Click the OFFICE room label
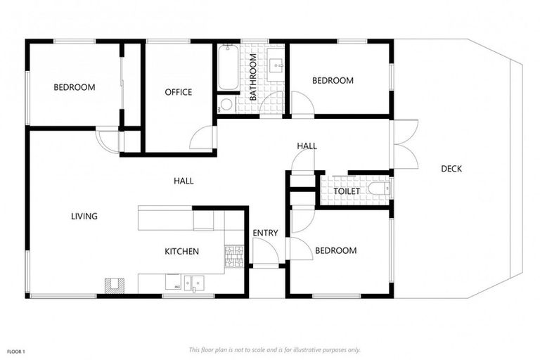pyautogui.click(x=179, y=92)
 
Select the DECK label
pyautogui.click(x=451, y=168)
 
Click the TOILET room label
pyautogui.click(x=347, y=191)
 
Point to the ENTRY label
pyautogui.click(x=266, y=233)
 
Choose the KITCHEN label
pyautogui.click(x=182, y=252)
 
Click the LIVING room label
pyautogui.click(x=84, y=217)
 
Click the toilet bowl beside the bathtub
pyautogui.click(x=226, y=105)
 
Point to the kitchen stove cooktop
pyautogui.click(x=233, y=257)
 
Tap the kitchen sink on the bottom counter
pyautogui.click(x=193, y=283)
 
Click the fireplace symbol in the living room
pyautogui.click(x=113, y=285)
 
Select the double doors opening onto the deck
pyautogui.click(x=405, y=145)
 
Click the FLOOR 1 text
pyautogui.click(x=16, y=350)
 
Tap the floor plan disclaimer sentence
pyautogui.click(x=275, y=349)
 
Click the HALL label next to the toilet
pyautogui.click(x=307, y=146)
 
